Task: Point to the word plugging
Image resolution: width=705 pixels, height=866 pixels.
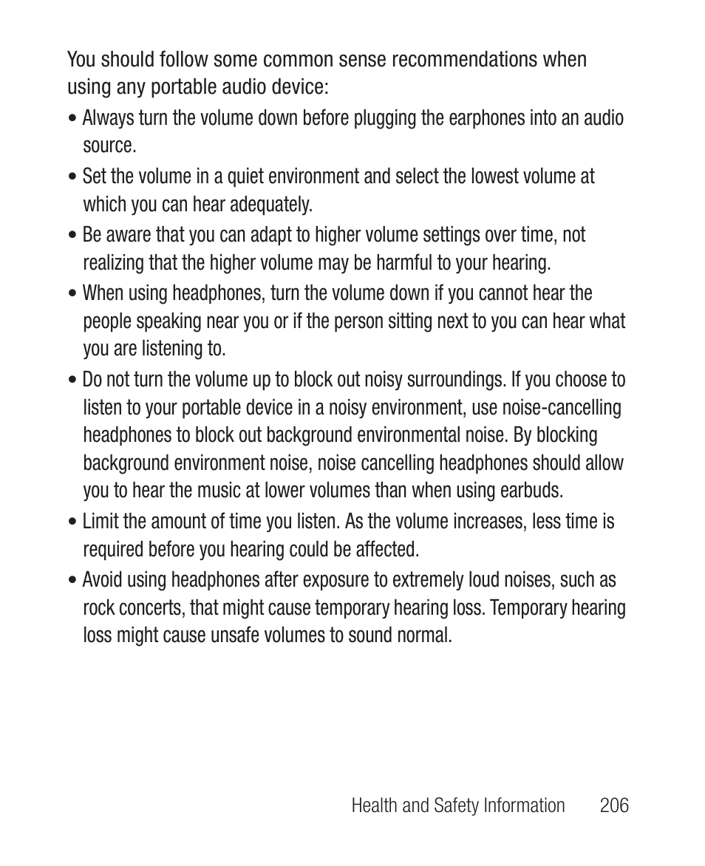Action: [385, 118]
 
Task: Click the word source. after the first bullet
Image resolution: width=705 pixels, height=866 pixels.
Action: [109, 146]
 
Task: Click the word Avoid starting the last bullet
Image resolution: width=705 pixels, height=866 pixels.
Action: [102, 580]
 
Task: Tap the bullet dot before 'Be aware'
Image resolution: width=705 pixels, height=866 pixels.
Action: [72, 236]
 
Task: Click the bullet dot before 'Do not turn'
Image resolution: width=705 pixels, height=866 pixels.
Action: [72, 381]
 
